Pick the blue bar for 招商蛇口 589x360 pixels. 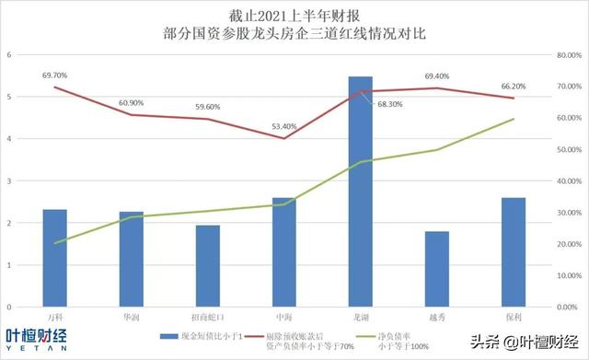pyautogui.click(x=208, y=265)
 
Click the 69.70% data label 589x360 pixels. pyautogui.click(x=55, y=75)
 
